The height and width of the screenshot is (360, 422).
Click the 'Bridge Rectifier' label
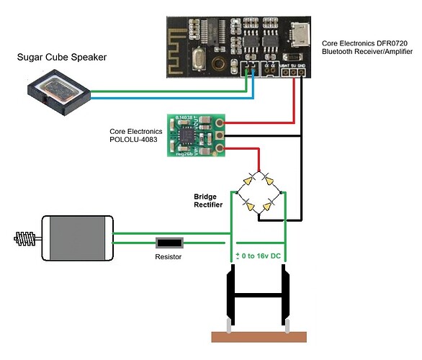coord(210,200)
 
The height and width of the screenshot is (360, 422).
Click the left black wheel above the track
coord(231,296)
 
